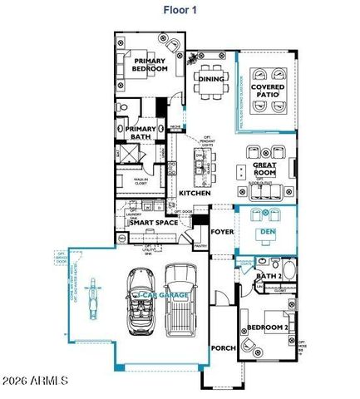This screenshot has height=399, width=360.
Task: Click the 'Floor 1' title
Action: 180,12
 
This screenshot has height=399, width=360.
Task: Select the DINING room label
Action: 210,79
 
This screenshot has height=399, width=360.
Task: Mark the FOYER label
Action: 221,232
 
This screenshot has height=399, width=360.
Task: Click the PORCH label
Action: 222,348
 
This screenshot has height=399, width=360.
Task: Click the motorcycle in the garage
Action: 92,296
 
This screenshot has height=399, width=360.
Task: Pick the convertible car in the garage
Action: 141,299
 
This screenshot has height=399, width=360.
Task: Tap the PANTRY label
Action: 200,246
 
